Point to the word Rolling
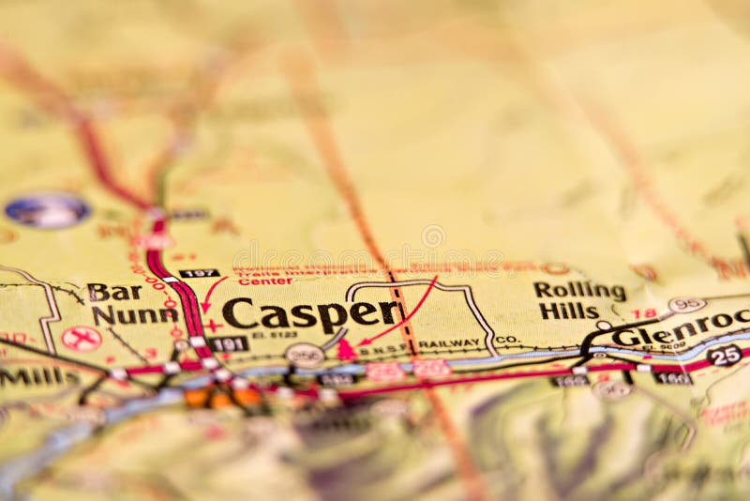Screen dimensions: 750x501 [x=579, y=290]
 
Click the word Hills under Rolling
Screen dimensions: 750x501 [x=568, y=311]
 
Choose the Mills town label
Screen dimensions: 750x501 [x=37, y=377]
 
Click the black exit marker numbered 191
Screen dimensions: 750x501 [x=228, y=344]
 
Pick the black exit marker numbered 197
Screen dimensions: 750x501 [x=199, y=273]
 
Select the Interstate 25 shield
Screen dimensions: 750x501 [x=725, y=355]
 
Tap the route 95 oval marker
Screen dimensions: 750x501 [x=687, y=305]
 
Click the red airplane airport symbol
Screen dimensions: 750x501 [x=81, y=338]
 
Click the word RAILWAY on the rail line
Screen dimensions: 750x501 [x=451, y=343]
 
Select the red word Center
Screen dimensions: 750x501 [x=264, y=281]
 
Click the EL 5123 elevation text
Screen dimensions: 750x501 [x=275, y=334]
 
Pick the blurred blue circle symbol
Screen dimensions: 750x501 [x=47, y=210]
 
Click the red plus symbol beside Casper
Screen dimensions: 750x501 [x=212, y=326]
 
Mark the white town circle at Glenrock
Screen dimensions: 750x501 [x=604, y=326]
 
